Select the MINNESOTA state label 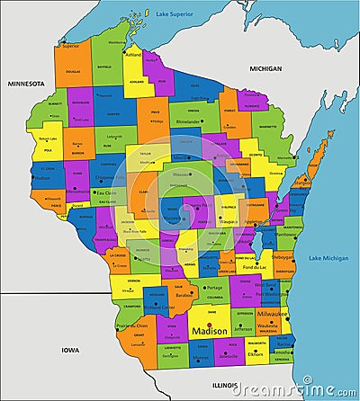click(26, 84)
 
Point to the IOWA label click(69, 347)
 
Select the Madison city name click(210, 332)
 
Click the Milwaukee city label click(273, 315)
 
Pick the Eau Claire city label click(106, 192)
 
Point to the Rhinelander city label click(188, 120)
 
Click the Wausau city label click(182, 174)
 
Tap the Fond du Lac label click(254, 267)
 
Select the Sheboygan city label click(284, 255)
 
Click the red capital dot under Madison click(210, 325)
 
